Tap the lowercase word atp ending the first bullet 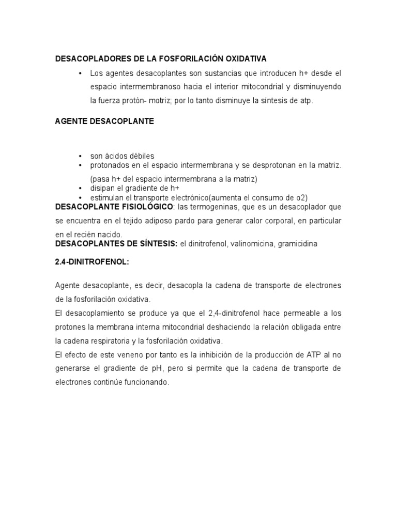[307, 101]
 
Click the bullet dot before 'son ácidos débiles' [81, 156]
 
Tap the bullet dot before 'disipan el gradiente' [81, 188]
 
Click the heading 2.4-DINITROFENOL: [91, 262]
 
